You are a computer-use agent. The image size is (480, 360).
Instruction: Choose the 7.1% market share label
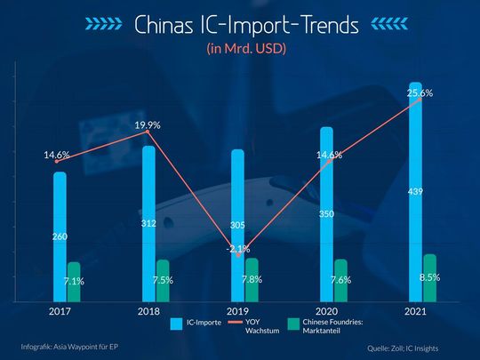coord(75,281)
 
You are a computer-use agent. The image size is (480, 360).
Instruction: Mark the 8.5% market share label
coord(429,278)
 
